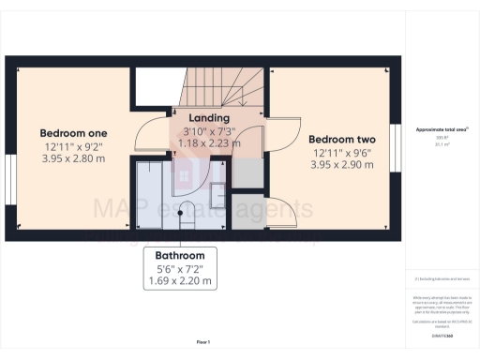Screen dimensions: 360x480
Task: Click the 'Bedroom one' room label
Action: pyautogui.click(x=72, y=132)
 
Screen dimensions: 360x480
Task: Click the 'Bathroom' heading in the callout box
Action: pyautogui.click(x=181, y=254)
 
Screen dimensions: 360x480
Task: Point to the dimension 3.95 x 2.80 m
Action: pyautogui.click(x=72, y=158)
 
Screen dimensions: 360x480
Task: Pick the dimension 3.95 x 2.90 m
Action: pyautogui.click(x=341, y=164)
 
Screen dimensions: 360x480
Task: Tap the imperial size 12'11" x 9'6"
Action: pyautogui.click(x=341, y=151)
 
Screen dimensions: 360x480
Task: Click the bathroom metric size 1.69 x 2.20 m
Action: pyautogui.click(x=181, y=280)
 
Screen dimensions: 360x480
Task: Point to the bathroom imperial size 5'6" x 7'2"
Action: pyautogui.click(x=181, y=267)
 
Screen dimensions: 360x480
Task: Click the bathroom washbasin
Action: pyautogui.click(x=216, y=195)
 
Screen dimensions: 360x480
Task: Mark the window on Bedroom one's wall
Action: pyautogui.click(x=9, y=178)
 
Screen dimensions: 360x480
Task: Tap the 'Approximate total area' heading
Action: pyautogui.click(x=442, y=128)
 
